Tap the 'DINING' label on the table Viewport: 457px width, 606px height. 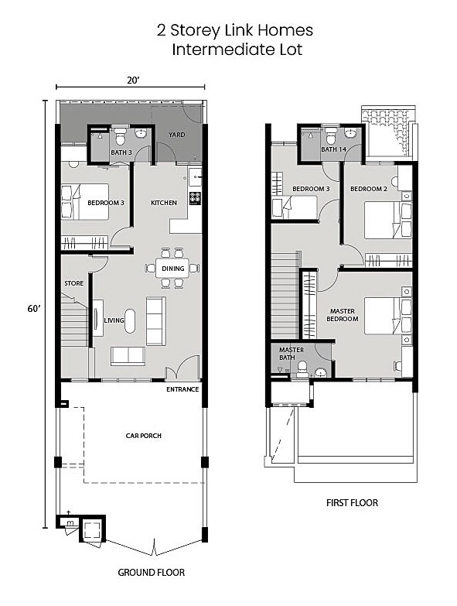point(172,269)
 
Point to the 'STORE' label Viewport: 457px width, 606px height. point(73,283)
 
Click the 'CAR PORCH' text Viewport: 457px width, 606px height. point(144,436)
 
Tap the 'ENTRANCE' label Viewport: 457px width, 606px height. point(182,389)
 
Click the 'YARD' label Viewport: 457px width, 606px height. point(177,135)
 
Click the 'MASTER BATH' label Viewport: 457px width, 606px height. point(292,353)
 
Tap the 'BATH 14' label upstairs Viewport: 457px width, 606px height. point(334,149)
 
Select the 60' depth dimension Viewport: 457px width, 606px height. point(33,308)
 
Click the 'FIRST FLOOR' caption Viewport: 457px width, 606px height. point(352,502)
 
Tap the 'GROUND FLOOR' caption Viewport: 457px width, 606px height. point(151,573)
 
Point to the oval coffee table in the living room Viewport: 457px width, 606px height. point(129,320)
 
